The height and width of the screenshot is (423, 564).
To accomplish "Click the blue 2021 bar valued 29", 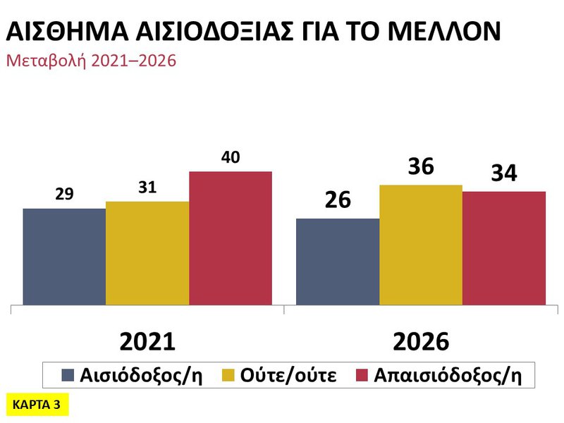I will (x=64, y=257).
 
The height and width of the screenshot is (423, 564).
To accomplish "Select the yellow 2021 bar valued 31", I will (x=147, y=253).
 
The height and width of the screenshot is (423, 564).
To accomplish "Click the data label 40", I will (x=231, y=157).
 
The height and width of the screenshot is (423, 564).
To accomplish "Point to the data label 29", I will (x=64, y=195).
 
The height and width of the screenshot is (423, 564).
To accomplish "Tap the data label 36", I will (x=421, y=168).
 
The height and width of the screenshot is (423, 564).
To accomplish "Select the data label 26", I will (x=338, y=201).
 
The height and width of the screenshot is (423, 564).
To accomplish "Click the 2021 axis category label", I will (x=147, y=341).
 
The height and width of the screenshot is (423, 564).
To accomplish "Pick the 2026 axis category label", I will (x=421, y=341).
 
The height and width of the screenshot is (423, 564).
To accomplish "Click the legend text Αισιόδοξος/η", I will (x=142, y=374).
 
